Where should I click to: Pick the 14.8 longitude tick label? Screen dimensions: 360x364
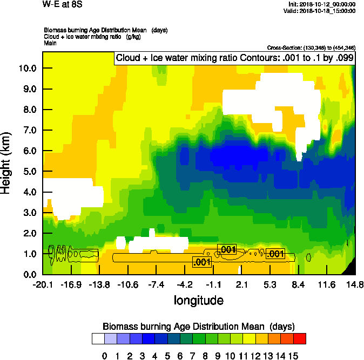coord(355,285)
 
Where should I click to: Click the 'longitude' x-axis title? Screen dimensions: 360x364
coord(198,300)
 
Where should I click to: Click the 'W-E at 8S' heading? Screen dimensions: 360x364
coord(59,5)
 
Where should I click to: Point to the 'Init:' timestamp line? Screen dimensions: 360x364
coord(322,4)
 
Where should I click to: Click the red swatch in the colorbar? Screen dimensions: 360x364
coord(300,338)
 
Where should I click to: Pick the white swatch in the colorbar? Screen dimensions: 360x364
coord(98,338)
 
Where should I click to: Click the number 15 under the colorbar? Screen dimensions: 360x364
coord(293,355)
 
